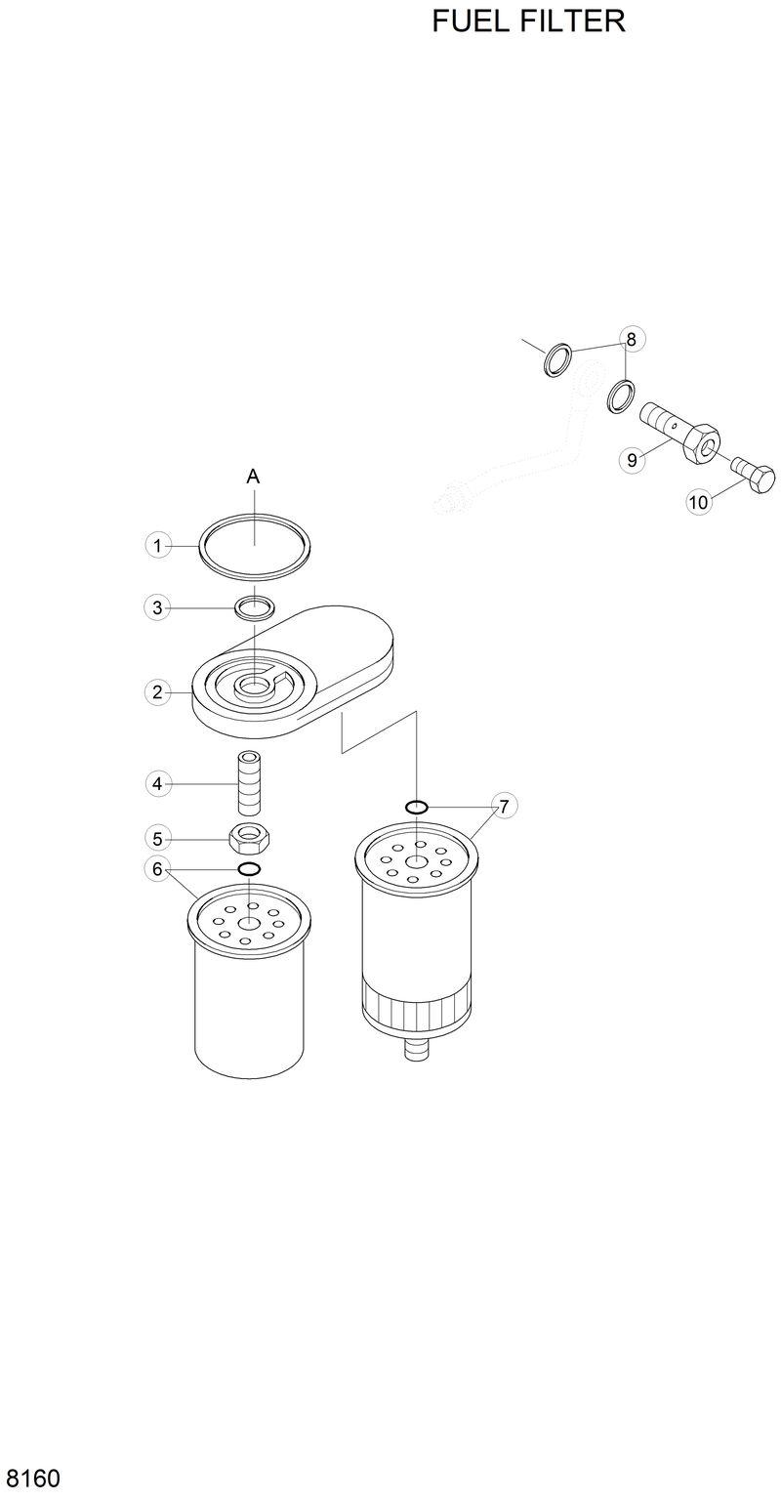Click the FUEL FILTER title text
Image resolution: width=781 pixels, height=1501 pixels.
(528, 21)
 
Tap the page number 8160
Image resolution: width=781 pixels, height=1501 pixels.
(32, 1478)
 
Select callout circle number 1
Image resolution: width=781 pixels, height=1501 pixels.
(157, 545)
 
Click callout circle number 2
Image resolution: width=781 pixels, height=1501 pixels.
(157, 692)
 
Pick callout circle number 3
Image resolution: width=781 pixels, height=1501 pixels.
(157, 607)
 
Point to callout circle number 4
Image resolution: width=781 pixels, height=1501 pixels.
(157, 782)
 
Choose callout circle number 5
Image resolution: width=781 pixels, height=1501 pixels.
(157, 837)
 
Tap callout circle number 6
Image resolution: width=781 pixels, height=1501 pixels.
(157, 868)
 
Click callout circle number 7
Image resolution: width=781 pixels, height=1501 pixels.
(504, 807)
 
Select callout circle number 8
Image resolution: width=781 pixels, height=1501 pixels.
(631, 339)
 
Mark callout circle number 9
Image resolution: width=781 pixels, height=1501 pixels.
(633, 460)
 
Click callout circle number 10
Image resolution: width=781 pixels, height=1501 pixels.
(698, 502)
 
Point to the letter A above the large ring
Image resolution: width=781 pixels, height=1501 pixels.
(253, 477)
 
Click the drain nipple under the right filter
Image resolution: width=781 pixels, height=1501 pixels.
(416, 1051)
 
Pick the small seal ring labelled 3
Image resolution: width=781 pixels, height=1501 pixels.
(253, 608)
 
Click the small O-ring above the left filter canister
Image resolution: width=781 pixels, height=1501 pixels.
(250, 869)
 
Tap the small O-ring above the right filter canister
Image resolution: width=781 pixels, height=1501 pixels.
(416, 807)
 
